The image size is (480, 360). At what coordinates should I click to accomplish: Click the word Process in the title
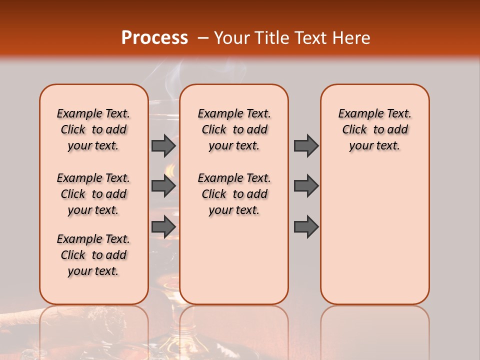[154, 38]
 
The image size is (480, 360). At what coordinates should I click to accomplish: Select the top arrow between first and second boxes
[163, 145]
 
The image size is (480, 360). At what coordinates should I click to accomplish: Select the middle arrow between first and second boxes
[163, 186]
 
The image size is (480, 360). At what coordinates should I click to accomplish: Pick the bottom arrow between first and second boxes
[163, 226]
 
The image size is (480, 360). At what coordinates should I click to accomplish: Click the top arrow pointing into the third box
[306, 145]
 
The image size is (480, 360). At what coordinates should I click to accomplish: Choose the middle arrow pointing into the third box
[306, 186]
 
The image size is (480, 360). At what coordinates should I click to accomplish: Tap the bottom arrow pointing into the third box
[306, 226]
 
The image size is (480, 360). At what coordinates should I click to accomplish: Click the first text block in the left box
[93, 129]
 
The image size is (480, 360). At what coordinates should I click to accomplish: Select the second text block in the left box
[93, 194]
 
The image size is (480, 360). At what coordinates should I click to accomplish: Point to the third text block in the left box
[93, 255]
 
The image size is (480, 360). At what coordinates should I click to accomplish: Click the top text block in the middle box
[234, 129]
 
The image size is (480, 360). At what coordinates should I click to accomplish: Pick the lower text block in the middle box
[234, 194]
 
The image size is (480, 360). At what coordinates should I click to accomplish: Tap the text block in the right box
[375, 129]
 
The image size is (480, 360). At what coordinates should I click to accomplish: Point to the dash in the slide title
[203, 38]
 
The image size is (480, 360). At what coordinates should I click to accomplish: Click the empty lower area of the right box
[375, 235]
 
